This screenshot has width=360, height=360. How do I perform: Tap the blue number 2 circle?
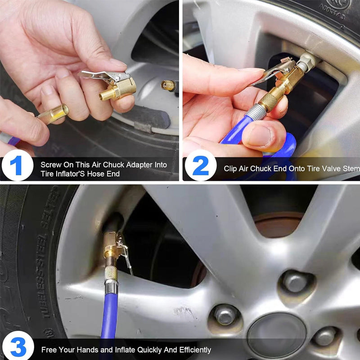click(200, 166)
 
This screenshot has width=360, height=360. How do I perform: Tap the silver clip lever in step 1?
click(97, 74)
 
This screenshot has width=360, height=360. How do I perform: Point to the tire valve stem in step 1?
click(169, 85)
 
